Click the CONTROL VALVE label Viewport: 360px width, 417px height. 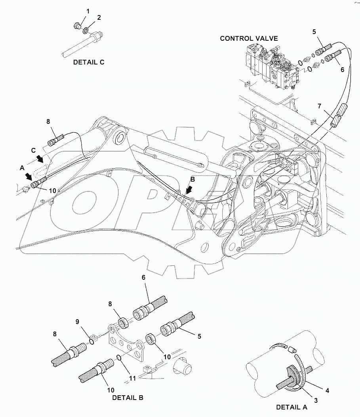(249, 38)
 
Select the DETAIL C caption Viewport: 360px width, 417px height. (89, 62)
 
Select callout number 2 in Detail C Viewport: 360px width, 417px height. (99, 17)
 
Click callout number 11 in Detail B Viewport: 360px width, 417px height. (132, 378)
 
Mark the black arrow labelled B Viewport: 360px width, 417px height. (190, 191)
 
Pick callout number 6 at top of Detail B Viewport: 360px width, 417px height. (143, 278)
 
